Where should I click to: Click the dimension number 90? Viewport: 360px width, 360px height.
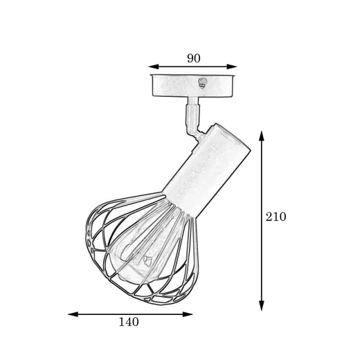[193, 58]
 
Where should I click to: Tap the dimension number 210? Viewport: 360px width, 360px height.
[276, 217]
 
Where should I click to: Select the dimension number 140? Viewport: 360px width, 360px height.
[129, 322]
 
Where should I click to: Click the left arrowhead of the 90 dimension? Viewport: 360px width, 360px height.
[154, 66]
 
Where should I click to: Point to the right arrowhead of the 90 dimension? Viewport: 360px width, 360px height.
[232, 66]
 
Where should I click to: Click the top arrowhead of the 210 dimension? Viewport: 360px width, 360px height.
[261, 136]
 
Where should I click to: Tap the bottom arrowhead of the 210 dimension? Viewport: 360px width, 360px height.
[261, 306]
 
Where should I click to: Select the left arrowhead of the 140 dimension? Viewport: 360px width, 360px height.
[73, 314]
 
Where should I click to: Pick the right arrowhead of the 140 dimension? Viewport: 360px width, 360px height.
[188, 314]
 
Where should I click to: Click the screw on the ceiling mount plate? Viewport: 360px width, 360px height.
[202, 82]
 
